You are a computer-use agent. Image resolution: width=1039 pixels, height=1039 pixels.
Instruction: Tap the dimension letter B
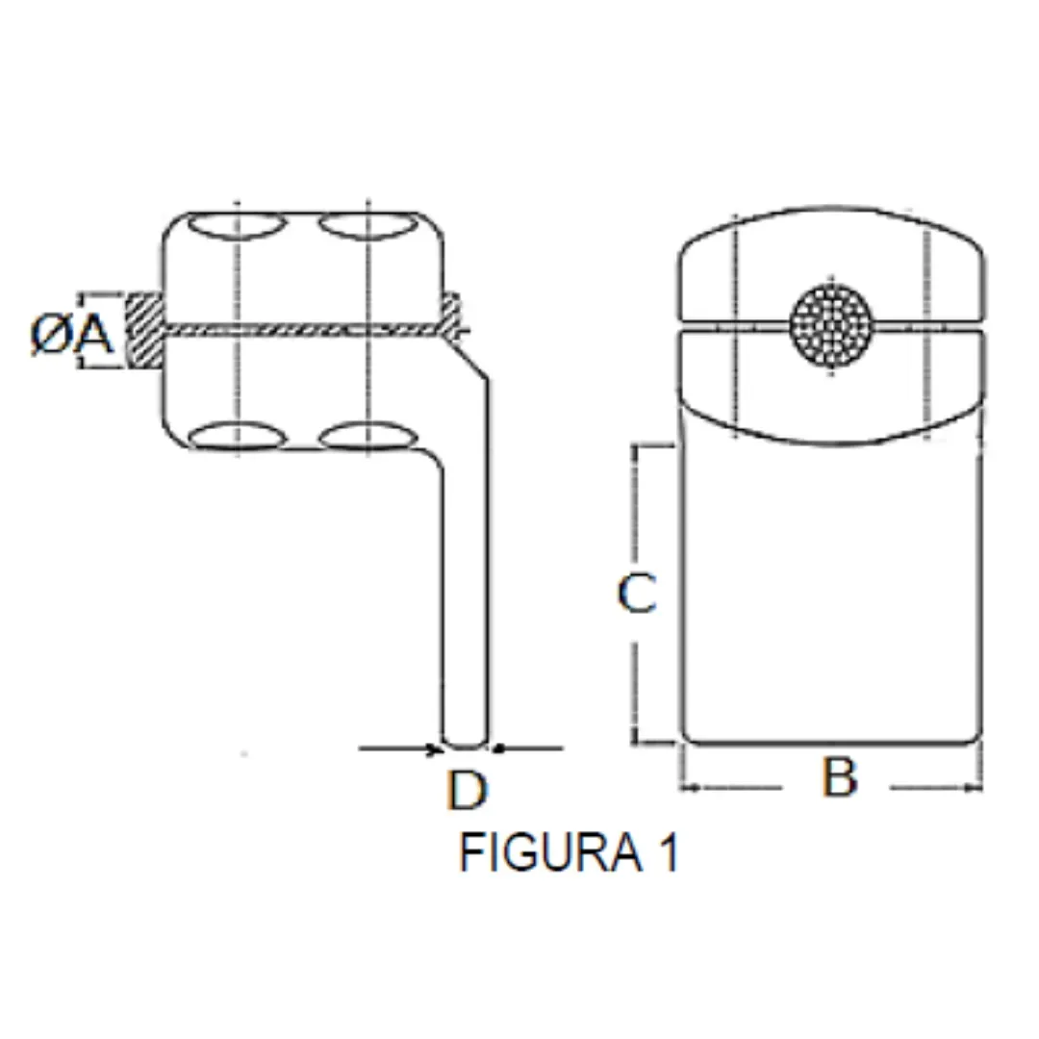tap(840, 776)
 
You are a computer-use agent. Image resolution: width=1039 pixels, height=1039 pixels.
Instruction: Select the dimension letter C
tap(637, 593)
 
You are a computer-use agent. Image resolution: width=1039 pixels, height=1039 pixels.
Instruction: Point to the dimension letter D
tap(468, 789)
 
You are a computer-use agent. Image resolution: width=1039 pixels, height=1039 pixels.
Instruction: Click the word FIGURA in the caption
tap(550, 852)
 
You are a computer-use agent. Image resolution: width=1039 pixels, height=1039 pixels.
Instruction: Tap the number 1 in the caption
tap(670, 852)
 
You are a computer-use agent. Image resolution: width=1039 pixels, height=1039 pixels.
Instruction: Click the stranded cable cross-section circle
tap(831, 325)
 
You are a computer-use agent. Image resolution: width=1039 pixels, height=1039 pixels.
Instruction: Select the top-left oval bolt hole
tap(238, 225)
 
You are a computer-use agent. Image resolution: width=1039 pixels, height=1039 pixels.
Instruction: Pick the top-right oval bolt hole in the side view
tap(368, 225)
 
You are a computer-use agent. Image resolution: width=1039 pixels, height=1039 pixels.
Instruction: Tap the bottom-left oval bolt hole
tap(238, 436)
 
